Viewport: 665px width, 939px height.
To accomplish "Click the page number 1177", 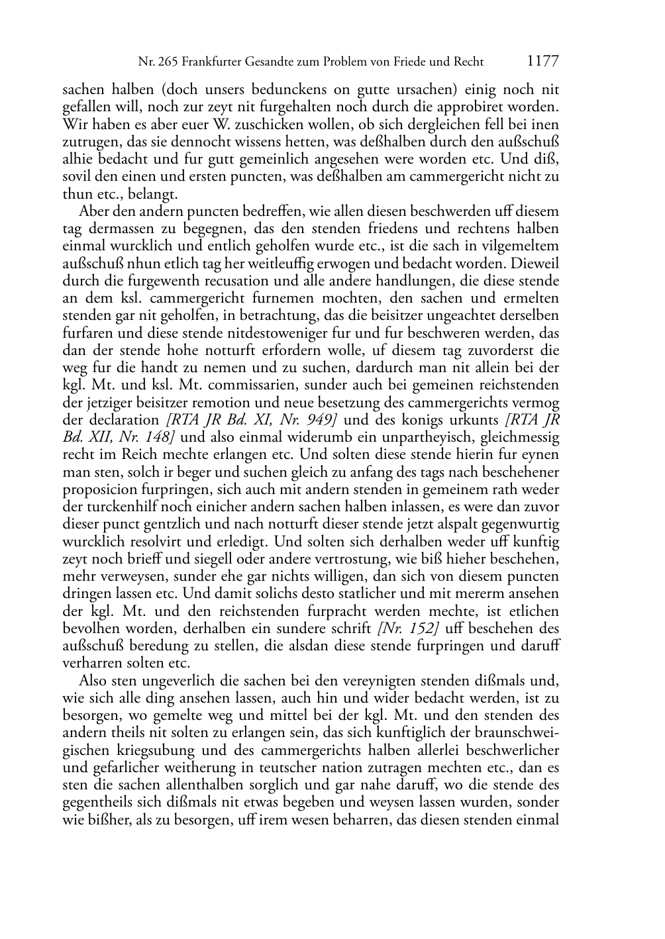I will coord(542,62).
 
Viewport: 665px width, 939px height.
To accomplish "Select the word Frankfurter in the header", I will coord(210,62).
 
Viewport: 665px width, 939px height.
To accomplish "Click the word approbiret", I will coord(487,107).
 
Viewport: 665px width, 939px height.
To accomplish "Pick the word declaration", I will coord(123,420).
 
